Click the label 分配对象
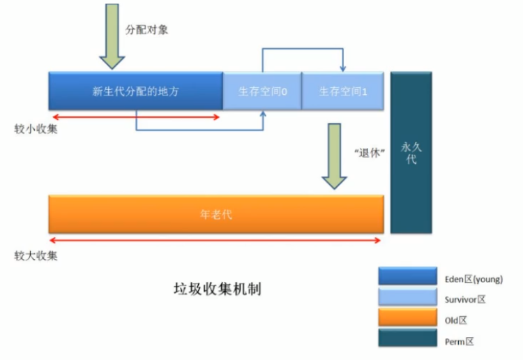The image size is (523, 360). (146, 30)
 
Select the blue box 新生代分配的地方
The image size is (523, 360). (135, 91)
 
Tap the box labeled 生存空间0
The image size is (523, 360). (262, 91)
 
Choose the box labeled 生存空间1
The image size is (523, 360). (342, 91)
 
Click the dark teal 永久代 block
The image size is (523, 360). (411, 152)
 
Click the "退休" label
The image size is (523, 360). (367, 153)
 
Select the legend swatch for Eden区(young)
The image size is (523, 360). (407, 277)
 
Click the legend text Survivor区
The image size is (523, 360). (464, 299)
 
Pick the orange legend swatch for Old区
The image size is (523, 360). (407, 319)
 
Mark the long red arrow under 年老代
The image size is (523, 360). (216, 241)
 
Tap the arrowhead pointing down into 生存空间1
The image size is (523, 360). (342, 68)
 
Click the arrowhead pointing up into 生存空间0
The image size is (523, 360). (263, 113)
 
